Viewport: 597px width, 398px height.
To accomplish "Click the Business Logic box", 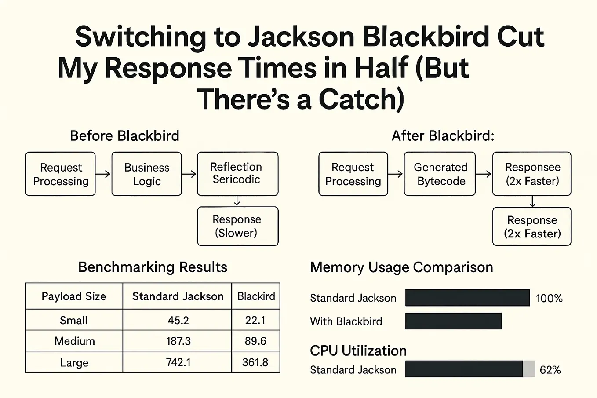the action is pyautogui.click(x=146, y=174).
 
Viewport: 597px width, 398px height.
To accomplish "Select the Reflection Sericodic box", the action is pyautogui.click(x=238, y=174).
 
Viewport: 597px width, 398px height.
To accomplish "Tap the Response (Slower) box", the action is pyautogui.click(x=238, y=226).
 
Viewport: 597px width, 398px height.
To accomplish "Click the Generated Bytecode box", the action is pyautogui.click(x=440, y=174).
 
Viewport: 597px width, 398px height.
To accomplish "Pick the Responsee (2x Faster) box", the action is pyautogui.click(x=531, y=174).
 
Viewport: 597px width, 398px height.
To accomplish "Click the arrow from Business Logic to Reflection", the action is pyautogui.click(x=189, y=174).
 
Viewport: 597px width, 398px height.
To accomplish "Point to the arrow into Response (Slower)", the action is pyautogui.click(x=237, y=201).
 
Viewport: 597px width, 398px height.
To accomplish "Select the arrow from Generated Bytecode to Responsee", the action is pyautogui.click(x=484, y=174).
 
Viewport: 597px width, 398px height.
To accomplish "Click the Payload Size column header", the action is pyautogui.click(x=74, y=296).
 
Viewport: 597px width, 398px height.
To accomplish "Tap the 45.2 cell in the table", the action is pyautogui.click(x=178, y=320).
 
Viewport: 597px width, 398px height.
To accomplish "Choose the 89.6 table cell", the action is pyautogui.click(x=255, y=341).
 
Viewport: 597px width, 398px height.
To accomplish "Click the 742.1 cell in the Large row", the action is pyautogui.click(x=178, y=362).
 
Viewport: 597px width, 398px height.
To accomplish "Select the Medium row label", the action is pyautogui.click(x=75, y=341).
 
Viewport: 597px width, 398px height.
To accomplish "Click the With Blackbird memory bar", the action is pyautogui.click(x=454, y=321).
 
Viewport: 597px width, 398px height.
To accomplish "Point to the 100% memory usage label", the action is pyautogui.click(x=549, y=298).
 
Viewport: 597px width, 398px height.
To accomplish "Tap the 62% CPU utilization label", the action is pyautogui.click(x=550, y=370).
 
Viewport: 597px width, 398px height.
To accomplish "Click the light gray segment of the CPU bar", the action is pyautogui.click(x=529, y=369).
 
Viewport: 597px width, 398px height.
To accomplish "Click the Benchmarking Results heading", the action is pyautogui.click(x=153, y=267).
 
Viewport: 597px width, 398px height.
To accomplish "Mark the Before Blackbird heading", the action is pyautogui.click(x=124, y=136).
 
